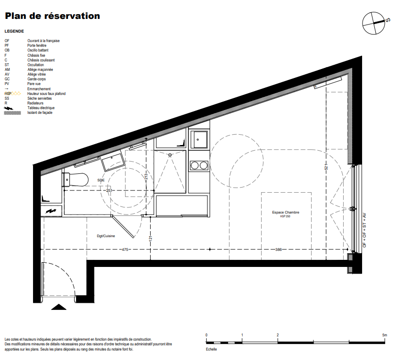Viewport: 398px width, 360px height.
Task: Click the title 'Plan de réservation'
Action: point(52,16)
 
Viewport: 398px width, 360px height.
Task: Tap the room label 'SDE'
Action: point(101,180)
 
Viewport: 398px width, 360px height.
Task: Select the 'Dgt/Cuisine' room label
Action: point(106,236)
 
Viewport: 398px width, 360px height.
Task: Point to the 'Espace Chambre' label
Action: point(286,213)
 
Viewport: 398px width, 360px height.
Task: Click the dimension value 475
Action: point(125,250)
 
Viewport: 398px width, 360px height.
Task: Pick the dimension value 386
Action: point(279,250)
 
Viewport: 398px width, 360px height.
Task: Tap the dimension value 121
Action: point(150,238)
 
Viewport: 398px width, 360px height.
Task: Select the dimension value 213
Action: point(146,176)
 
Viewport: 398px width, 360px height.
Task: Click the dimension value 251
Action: point(109,190)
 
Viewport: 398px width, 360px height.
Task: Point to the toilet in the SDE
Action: point(75,180)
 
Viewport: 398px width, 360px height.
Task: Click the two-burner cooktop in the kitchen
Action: point(199,166)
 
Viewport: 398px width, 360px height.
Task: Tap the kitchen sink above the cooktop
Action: point(199,139)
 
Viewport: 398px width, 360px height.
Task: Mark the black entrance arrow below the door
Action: point(59,307)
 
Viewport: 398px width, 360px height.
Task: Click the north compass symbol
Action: point(373,23)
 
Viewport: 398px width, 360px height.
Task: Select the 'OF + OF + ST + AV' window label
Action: point(364,230)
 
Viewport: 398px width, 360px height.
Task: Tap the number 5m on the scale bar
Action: point(385,335)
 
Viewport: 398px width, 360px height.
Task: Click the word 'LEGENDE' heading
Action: point(14,31)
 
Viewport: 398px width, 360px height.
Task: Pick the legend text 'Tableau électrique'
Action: point(41,108)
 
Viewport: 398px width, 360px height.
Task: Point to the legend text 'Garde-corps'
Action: point(36,79)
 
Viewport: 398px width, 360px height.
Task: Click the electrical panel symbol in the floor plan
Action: point(51,211)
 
